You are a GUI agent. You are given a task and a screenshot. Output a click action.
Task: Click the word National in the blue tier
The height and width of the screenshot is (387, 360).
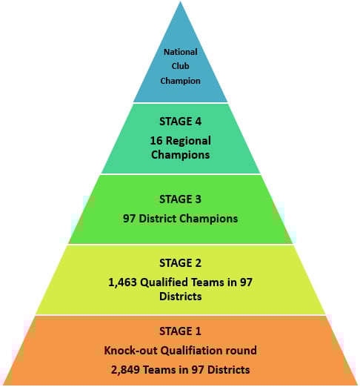(180, 52)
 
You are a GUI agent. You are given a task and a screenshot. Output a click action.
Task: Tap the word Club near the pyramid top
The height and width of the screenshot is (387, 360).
(180, 66)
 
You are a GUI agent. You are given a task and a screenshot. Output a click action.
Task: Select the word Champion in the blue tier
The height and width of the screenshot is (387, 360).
(180, 81)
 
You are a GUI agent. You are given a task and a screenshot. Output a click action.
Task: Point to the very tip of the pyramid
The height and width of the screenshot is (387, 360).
(180, 1)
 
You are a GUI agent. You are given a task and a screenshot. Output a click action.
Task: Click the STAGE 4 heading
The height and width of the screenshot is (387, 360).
(180, 122)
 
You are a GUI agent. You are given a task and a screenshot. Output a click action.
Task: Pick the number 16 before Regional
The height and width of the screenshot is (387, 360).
(156, 141)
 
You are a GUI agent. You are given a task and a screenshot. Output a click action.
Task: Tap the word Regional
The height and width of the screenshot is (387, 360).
(188, 141)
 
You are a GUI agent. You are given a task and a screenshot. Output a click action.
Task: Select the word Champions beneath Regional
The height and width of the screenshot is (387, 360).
(180, 155)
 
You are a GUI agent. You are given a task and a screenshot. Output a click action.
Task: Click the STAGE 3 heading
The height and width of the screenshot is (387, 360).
(180, 199)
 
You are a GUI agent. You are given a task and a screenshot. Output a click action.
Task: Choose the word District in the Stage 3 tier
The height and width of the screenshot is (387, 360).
(158, 219)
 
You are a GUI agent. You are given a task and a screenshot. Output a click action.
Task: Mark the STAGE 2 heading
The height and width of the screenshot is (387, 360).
(180, 262)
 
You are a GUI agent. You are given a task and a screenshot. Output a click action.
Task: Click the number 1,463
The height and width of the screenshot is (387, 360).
(122, 282)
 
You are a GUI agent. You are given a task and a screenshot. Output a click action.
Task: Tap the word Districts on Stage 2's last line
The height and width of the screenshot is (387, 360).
(180, 297)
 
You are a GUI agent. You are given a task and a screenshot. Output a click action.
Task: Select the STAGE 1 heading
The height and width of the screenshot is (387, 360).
(180, 331)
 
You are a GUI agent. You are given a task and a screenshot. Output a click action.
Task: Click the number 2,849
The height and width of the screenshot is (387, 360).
(125, 370)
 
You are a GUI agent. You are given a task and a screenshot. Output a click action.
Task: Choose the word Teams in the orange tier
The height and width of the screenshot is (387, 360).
(159, 370)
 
